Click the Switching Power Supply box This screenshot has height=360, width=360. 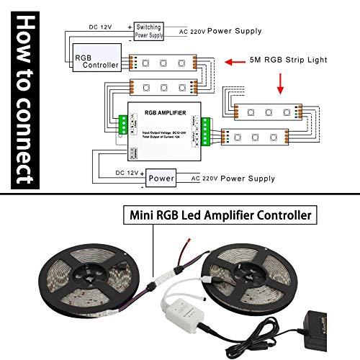pos(149,30)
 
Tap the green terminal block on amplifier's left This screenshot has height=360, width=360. pos(122,126)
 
